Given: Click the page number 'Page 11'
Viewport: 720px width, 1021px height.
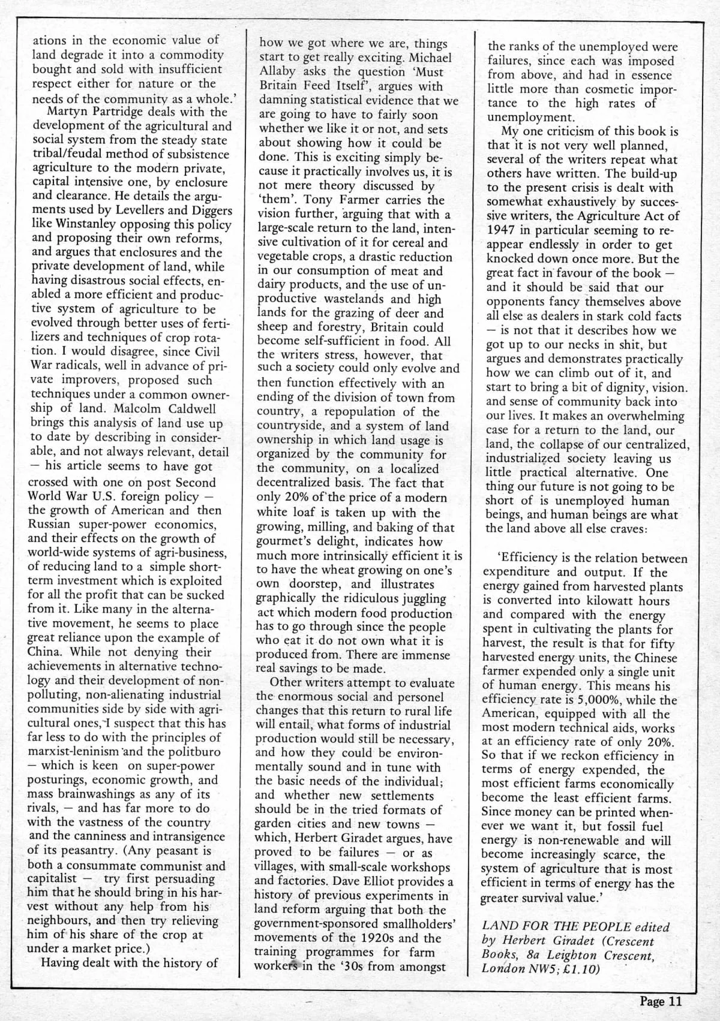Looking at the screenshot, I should (661, 1001).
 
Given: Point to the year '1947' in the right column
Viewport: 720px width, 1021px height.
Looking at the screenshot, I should (503, 231).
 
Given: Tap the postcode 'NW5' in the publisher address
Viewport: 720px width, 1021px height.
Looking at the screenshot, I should (541, 969).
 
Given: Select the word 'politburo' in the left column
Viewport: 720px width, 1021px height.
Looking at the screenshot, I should (193, 752).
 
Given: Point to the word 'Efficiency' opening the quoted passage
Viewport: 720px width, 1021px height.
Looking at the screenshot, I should (514, 559).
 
